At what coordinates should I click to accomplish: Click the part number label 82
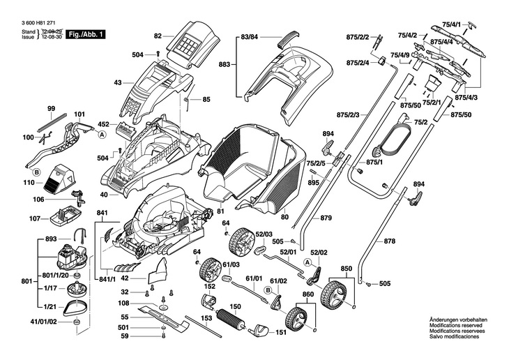[x=157, y=36]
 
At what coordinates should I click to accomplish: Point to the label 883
[x=224, y=64]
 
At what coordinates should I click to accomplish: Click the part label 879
[x=326, y=218]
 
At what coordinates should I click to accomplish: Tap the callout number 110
[x=28, y=183]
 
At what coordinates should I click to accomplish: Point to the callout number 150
[x=235, y=306]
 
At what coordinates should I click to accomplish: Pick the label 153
[x=206, y=318]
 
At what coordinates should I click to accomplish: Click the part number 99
[x=51, y=109]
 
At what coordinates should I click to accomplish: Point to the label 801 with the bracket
[x=26, y=282]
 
